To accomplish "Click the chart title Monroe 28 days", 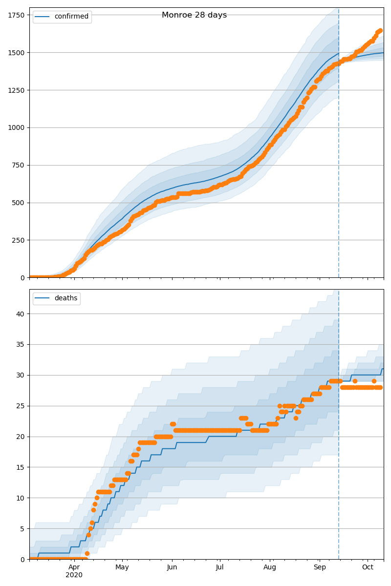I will point(194,15).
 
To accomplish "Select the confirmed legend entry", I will point(71,17).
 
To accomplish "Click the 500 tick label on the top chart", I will point(19,203).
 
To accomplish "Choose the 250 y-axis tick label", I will point(19,240).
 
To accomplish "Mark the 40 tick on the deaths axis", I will point(21,314).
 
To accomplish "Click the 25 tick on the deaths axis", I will point(21,406).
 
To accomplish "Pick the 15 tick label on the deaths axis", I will point(21,467).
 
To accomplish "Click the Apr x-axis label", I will point(74,567).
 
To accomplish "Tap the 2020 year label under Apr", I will point(74,575).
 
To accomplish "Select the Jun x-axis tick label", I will point(172,567).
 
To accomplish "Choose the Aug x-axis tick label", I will point(270,567).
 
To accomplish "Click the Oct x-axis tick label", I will point(368,567).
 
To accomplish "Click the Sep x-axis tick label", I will point(320,567).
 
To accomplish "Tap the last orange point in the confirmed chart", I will point(380,31).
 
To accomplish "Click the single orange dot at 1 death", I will point(87,553).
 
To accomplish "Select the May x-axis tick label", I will point(122,567).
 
